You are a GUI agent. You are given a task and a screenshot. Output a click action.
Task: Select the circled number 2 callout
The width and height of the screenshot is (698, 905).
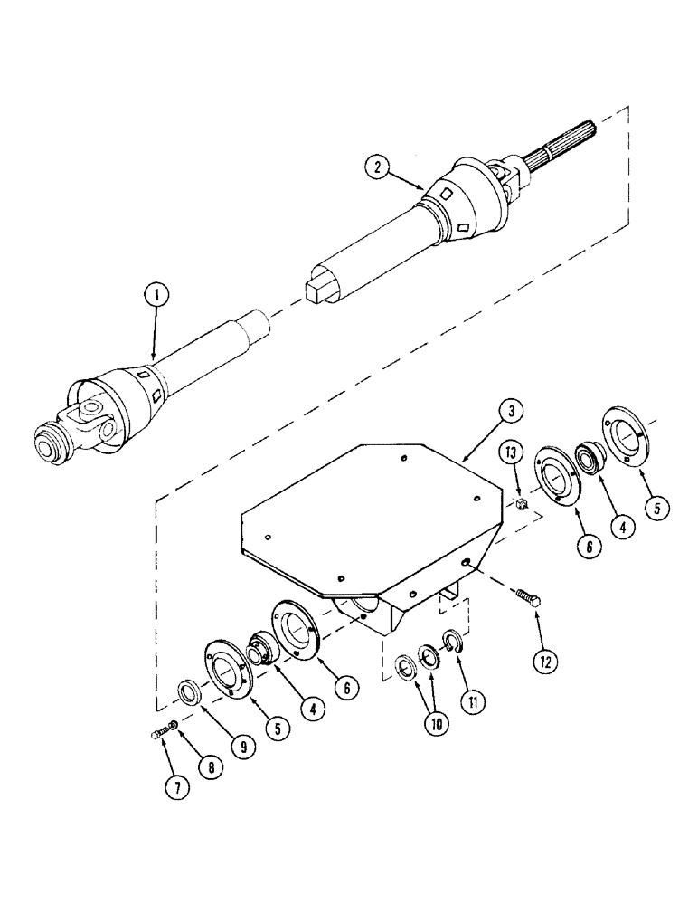[x=377, y=167]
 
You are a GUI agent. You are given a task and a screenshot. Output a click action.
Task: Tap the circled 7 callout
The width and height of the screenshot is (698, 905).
[x=176, y=786]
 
